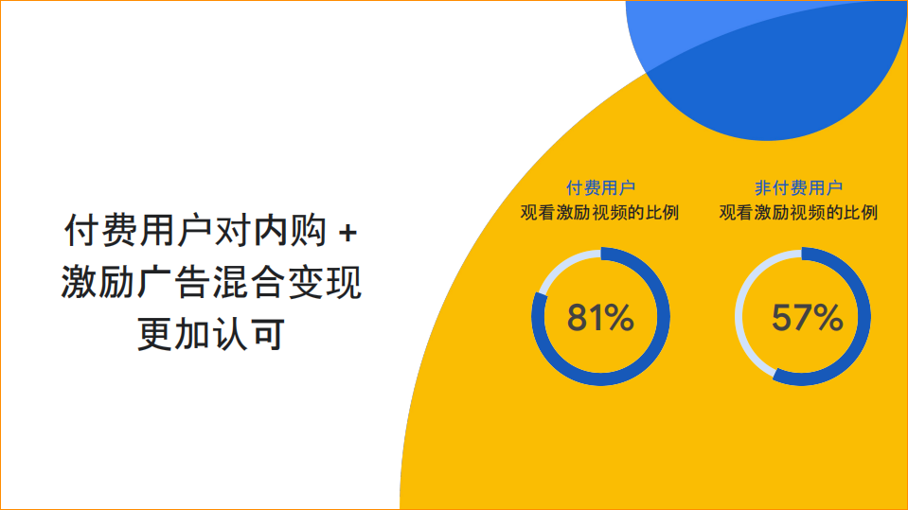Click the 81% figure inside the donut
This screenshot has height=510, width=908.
pyautogui.click(x=599, y=319)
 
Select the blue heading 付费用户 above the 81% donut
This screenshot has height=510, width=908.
pyautogui.click(x=600, y=187)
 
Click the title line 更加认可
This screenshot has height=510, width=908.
pyautogui.click(x=210, y=335)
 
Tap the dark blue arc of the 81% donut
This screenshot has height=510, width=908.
pyautogui.click(x=653, y=350)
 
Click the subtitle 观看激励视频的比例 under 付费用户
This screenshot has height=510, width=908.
pyautogui.click(x=600, y=211)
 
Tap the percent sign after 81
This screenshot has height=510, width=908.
pyautogui.click(x=619, y=319)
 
